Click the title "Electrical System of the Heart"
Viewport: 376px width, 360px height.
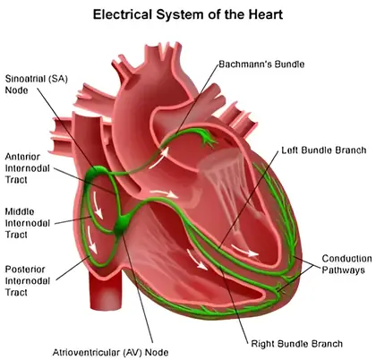point(188,14)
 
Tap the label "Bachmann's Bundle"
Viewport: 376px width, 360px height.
point(261,64)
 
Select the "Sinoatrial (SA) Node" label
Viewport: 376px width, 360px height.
point(37,84)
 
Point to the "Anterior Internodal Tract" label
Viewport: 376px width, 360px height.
point(27,168)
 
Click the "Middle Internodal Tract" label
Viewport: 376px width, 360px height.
point(27,223)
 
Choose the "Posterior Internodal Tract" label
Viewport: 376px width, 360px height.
point(27,280)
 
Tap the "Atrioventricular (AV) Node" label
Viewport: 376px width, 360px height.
point(110,353)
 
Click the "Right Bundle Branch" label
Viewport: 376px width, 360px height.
point(296,344)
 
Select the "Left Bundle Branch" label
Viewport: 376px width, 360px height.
point(324,150)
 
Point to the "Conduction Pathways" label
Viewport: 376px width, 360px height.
point(346,264)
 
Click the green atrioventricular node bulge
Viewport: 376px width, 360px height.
point(122,225)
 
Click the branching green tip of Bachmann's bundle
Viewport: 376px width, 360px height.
point(208,139)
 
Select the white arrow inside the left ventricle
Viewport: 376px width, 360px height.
point(244,250)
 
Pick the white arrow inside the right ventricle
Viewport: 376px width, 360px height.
point(197,259)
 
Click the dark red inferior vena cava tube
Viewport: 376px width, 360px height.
point(107,289)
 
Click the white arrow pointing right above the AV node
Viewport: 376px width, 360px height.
point(164,193)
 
